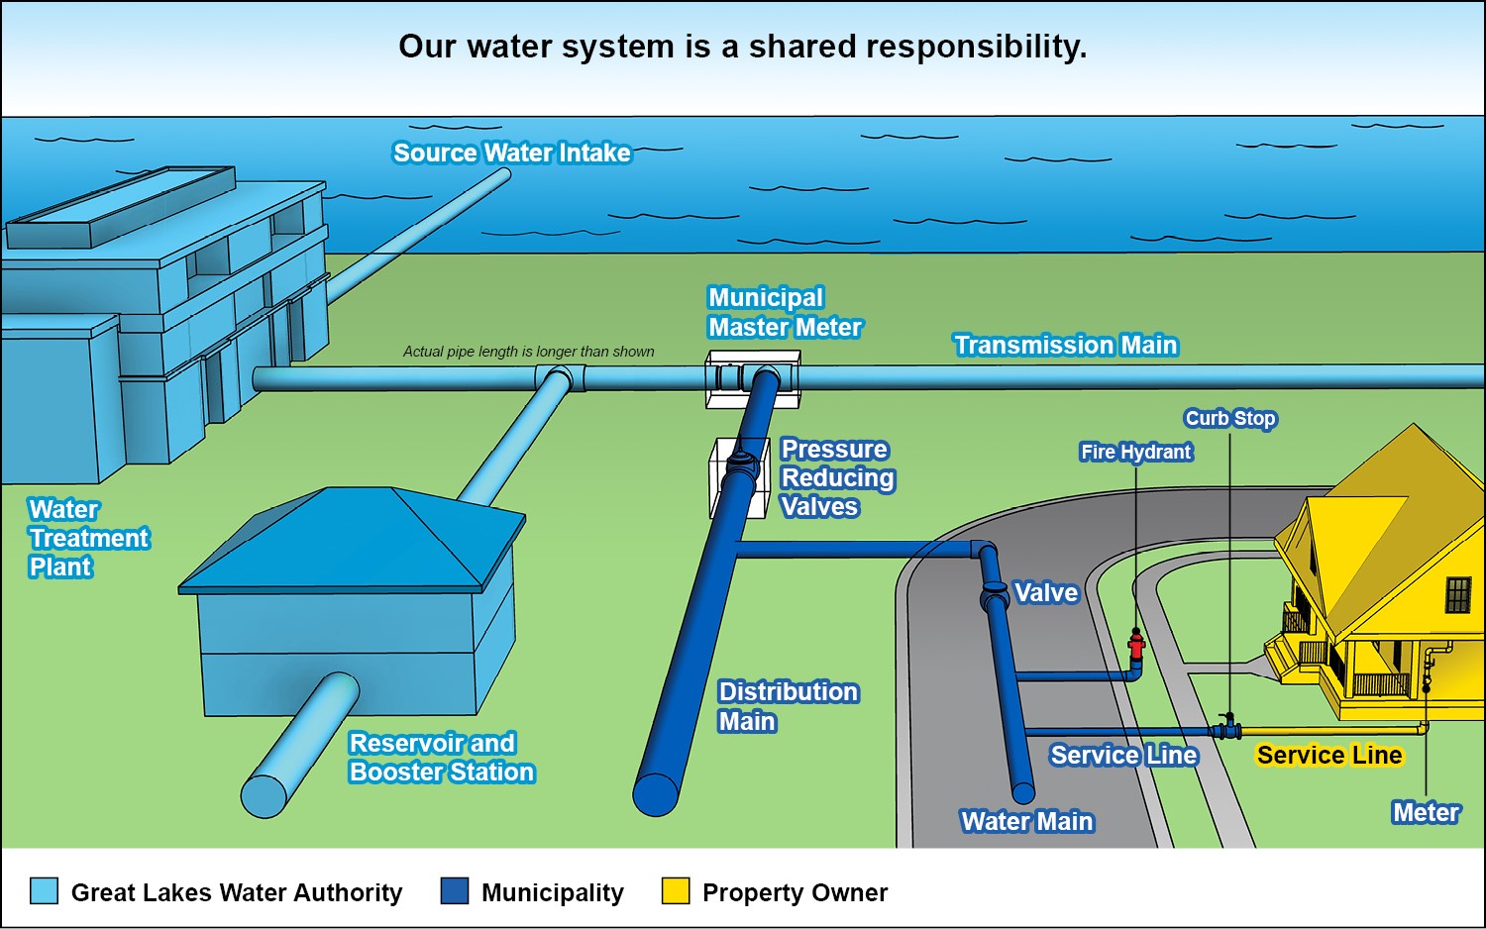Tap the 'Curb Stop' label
click(x=1230, y=418)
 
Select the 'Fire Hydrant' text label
click(x=1135, y=452)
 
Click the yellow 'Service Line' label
click(x=1328, y=755)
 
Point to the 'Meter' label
click(x=1425, y=812)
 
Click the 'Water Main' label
click(x=1026, y=821)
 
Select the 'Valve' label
click(x=1045, y=592)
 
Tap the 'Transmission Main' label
click(x=1065, y=345)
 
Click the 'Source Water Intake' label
click(x=511, y=153)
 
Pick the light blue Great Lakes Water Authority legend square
click(x=44, y=890)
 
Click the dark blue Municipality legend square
click(x=454, y=890)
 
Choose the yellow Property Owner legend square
click(x=676, y=890)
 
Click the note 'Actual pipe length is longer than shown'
click(x=528, y=352)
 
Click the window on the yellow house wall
click(x=1458, y=595)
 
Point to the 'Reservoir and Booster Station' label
click(x=441, y=757)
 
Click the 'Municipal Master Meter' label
click(x=784, y=312)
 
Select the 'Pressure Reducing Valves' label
click(x=837, y=477)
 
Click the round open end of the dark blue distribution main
click(x=656, y=793)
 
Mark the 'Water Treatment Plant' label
click(x=87, y=538)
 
